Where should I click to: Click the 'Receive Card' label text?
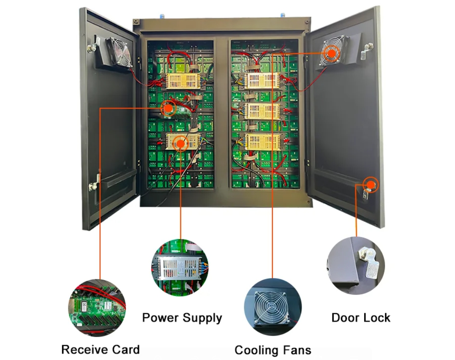point(100,349)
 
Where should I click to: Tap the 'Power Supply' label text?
point(182,318)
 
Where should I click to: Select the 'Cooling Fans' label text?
point(272,350)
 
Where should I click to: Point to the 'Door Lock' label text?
point(360,318)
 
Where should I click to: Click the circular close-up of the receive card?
point(97,307)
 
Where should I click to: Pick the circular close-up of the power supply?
point(180,267)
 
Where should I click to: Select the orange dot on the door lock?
point(371,184)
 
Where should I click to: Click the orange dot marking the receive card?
point(168,108)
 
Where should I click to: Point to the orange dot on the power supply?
point(181,144)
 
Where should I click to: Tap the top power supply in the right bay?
point(262,80)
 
